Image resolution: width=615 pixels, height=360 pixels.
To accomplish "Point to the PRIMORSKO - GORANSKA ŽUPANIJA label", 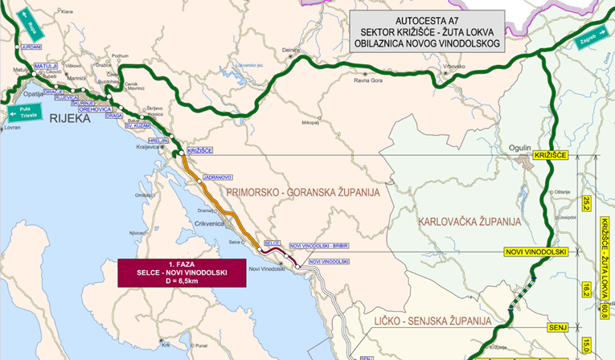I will click(303, 193).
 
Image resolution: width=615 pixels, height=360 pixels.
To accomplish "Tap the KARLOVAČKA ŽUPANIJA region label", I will click(469, 221).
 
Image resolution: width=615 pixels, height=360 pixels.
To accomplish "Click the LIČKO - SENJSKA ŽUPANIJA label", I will click(432, 321).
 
